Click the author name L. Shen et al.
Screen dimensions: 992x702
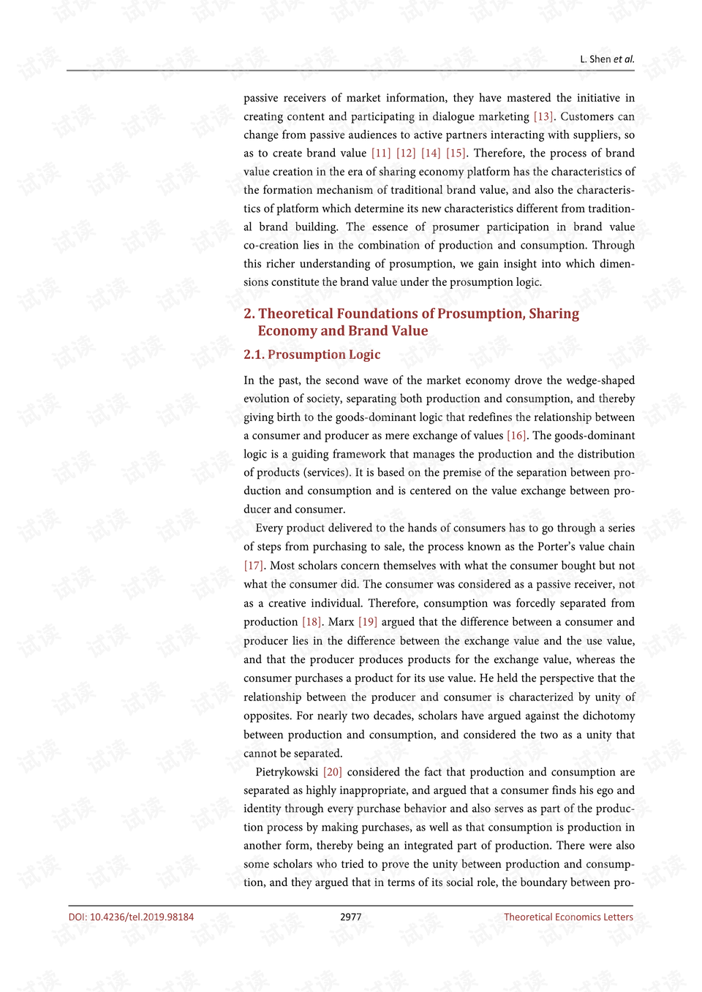[607, 59]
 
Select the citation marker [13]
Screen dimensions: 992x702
[543, 116]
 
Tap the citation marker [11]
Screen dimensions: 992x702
[381, 153]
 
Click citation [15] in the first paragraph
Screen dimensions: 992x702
[456, 153]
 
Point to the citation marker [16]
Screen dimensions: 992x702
[516, 436]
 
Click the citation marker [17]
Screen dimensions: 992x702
[253, 566]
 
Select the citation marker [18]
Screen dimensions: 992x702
[312, 622]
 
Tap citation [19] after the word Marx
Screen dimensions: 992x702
[368, 622]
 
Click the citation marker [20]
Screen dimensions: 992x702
[333, 772]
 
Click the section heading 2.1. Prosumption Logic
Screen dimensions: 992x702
[312, 355]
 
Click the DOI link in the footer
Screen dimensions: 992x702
[131, 917]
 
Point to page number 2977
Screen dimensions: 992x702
[351, 917]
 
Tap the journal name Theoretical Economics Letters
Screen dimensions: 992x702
[568, 917]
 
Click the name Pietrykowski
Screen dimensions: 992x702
[287, 772]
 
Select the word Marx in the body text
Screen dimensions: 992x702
[341, 622]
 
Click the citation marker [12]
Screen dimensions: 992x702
[406, 153]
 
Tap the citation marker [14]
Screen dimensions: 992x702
[431, 153]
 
